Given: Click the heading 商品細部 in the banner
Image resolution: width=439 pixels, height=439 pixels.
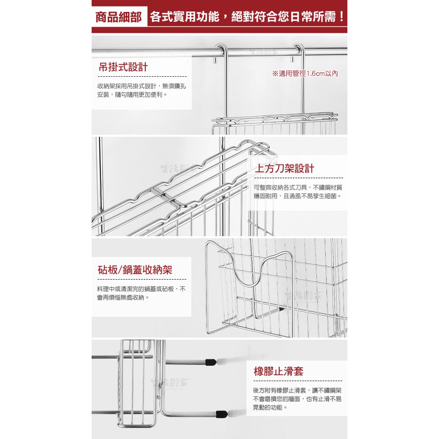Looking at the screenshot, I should [119, 18].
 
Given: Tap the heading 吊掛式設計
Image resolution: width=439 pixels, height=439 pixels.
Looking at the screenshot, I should [123, 67].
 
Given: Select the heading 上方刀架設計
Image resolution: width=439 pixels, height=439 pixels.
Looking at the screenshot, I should [284, 168].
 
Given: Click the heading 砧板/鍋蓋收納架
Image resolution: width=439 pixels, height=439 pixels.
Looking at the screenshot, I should [135, 270].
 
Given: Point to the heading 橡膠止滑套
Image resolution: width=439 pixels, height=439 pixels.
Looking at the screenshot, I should [278, 371].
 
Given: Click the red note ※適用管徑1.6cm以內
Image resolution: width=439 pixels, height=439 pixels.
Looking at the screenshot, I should [305, 73].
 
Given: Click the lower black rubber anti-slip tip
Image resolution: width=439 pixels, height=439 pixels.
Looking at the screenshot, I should [221, 414].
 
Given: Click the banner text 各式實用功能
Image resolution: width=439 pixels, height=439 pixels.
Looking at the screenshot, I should [184, 17].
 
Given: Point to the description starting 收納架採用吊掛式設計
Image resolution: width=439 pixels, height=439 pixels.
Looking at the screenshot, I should [141, 90].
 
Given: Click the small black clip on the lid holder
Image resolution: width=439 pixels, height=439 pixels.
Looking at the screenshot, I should [281, 309].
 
